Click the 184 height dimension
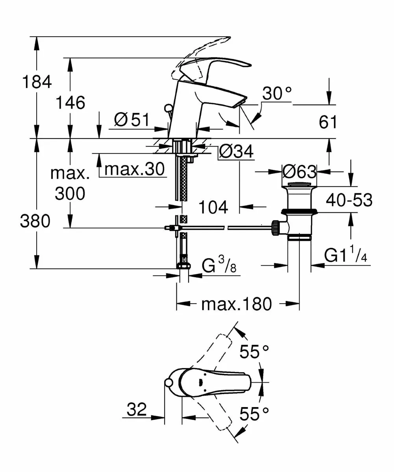pyautogui.click(x=37, y=83)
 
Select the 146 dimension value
pyautogui.click(x=70, y=103)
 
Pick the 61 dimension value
pyautogui.click(x=328, y=123)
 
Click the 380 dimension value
pyautogui.click(x=35, y=222)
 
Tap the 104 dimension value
pyautogui.click(x=213, y=207)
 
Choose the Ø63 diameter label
pyautogui.click(x=300, y=171)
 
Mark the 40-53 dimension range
pyautogui.click(x=349, y=201)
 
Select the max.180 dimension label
pyautogui.click(x=236, y=304)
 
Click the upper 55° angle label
pyautogui.click(x=255, y=352)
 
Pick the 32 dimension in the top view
pyautogui.click(x=137, y=410)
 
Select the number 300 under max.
pyautogui.click(x=70, y=194)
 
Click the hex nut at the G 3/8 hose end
pyautogui.click(x=183, y=264)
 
